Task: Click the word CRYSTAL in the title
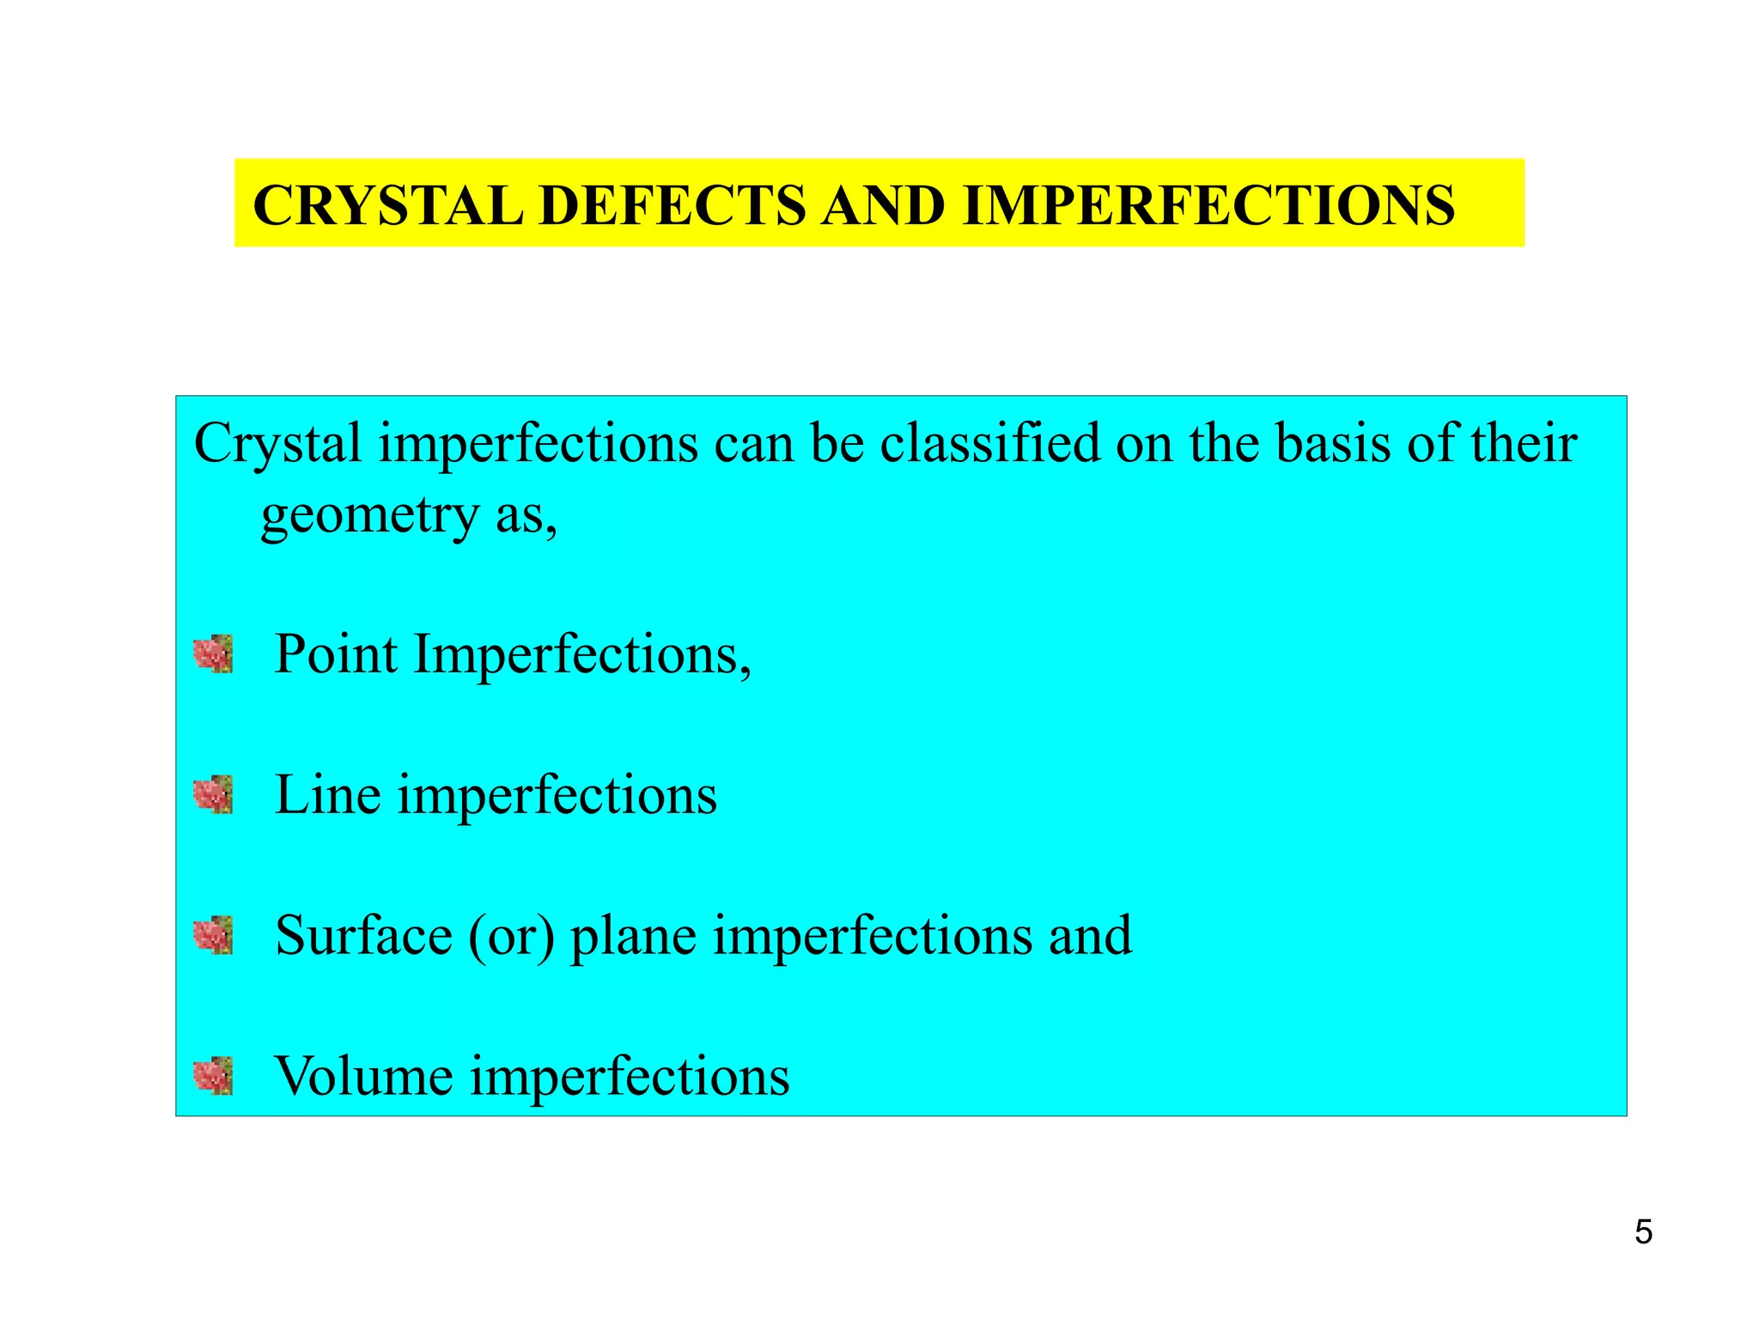click(388, 206)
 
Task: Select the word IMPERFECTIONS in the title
click(1208, 206)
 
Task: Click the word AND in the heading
click(884, 206)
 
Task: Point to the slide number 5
click(1643, 1232)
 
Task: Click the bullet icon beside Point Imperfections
click(213, 654)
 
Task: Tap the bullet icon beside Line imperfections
click(213, 794)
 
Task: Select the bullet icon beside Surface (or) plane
click(213, 935)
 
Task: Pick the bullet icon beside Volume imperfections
click(213, 1076)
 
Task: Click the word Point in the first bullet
click(336, 654)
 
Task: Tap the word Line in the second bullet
click(327, 794)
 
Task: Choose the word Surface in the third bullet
click(363, 935)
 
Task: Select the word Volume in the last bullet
click(363, 1076)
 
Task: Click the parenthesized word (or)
click(511, 935)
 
